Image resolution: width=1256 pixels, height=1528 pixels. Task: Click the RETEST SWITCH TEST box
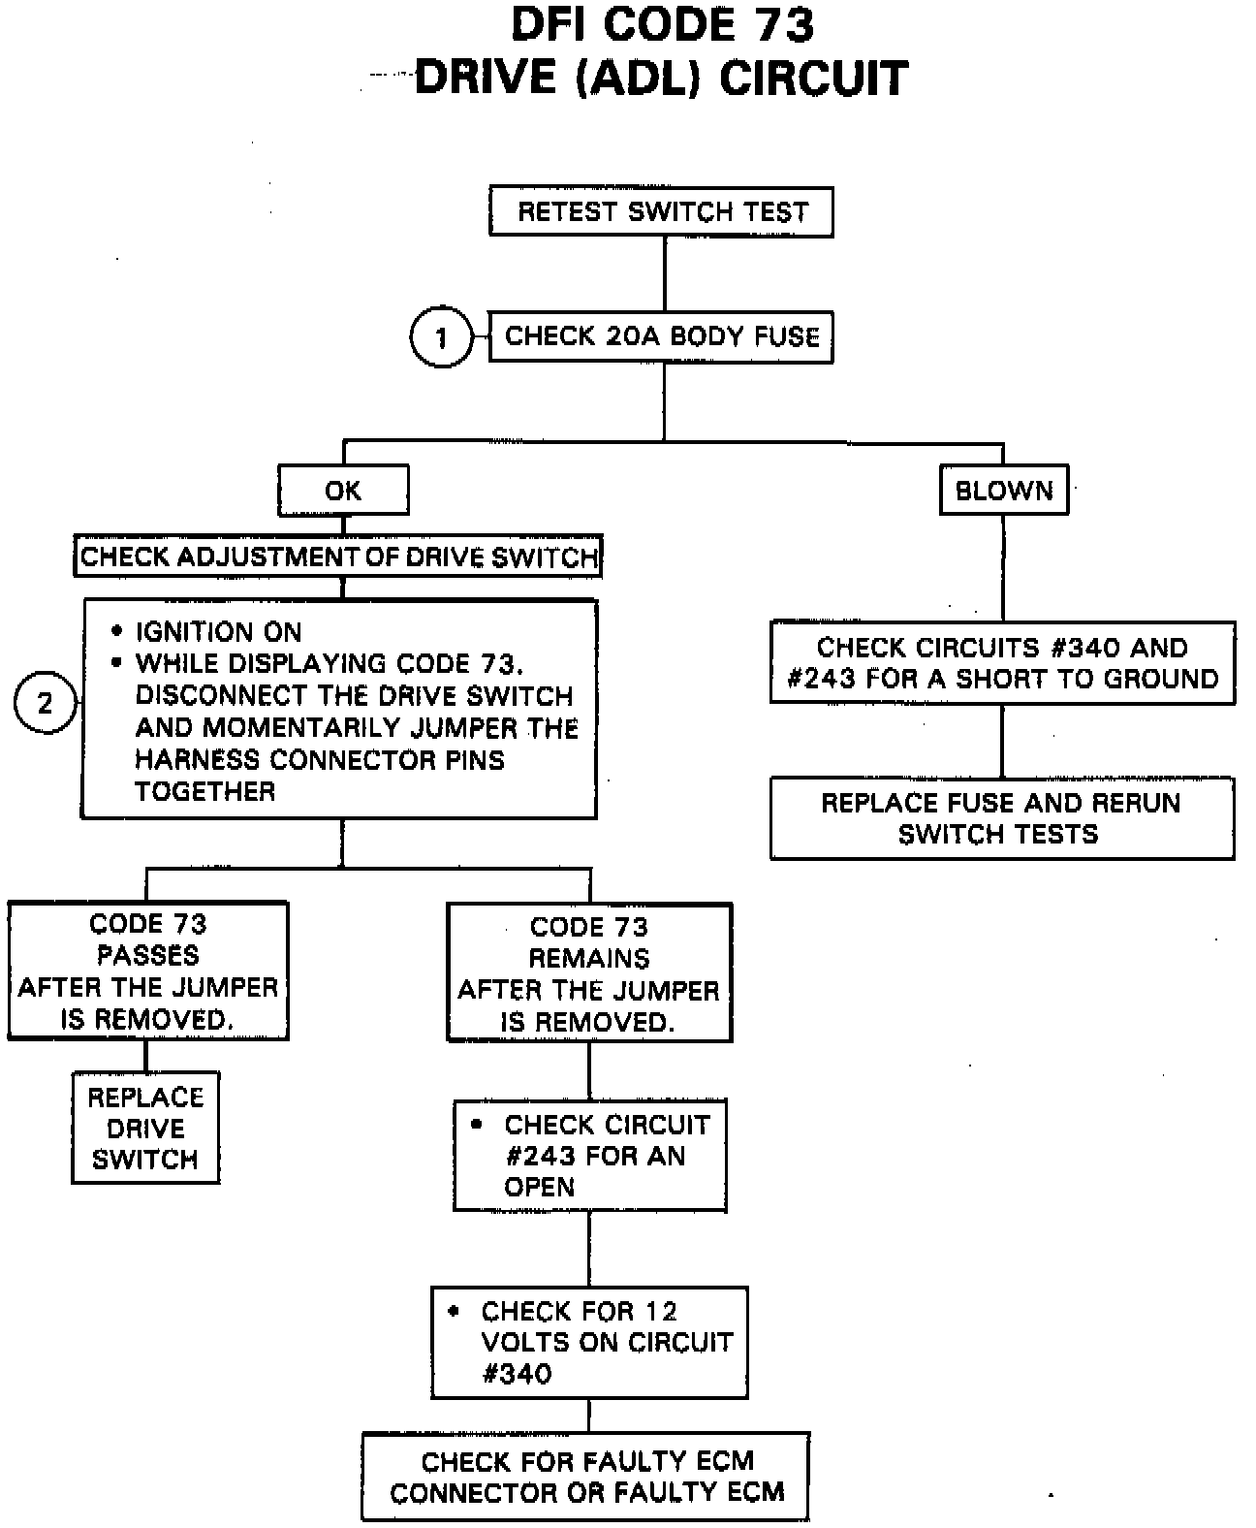coord(661,211)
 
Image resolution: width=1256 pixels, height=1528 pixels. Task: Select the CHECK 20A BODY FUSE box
coord(661,336)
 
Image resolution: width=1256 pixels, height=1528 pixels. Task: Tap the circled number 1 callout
coord(442,337)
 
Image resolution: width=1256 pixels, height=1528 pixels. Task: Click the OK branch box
coord(343,490)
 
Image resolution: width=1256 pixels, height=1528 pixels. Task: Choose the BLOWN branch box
coord(1004,490)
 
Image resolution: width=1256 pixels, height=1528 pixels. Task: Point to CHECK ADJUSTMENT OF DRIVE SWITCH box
coord(338,557)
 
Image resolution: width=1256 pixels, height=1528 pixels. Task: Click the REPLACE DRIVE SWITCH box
coord(145,1128)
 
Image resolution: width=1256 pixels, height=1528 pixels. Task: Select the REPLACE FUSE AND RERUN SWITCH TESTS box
coord(1001,818)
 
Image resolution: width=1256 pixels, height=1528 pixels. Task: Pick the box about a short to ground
coord(1002,662)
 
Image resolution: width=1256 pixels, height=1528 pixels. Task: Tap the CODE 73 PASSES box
coord(148,971)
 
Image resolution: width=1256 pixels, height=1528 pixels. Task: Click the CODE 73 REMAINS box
coord(589,973)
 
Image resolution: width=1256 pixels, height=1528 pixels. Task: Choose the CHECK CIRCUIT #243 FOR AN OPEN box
coord(590,1155)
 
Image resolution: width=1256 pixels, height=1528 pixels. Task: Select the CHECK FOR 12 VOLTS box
coord(589,1342)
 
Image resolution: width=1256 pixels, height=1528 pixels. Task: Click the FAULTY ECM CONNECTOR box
coord(586,1476)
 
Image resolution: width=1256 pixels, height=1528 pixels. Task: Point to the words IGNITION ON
coord(218,632)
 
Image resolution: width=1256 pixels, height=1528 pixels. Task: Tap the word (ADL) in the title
coord(637,79)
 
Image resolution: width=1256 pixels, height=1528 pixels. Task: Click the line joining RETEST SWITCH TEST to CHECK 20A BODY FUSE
coord(664,274)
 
